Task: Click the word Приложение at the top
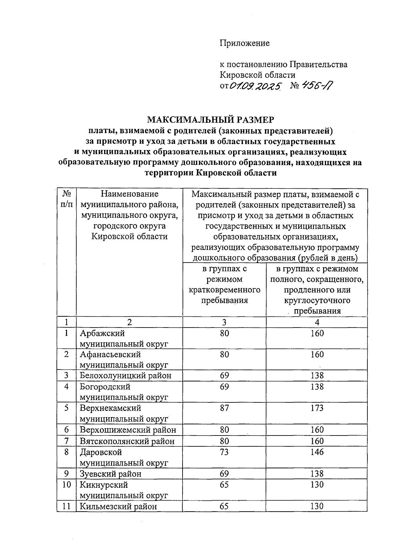pos(245,43)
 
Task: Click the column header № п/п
pos(67,199)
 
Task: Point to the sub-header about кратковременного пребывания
pos(224,285)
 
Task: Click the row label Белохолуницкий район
pos(125,375)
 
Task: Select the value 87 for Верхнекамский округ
pos(225,408)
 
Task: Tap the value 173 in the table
pos(317,408)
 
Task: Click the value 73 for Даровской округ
pos(225,452)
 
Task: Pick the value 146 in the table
pos(317,452)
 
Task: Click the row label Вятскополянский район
pos(127,441)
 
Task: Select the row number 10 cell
pos(67,485)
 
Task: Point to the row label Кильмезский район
pos(119,506)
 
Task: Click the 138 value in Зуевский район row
pos(317,474)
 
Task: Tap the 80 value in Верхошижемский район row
pos(225,430)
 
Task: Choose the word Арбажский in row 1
pos(102,333)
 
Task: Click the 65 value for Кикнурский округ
pos(225,485)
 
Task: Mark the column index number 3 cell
pos(224,322)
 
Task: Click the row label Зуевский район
pos(111,474)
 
